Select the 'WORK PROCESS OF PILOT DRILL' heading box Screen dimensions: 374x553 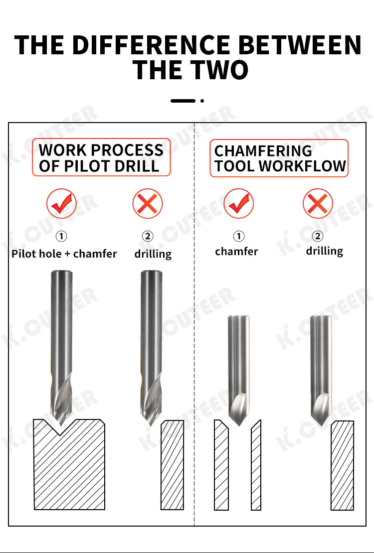pos(101,157)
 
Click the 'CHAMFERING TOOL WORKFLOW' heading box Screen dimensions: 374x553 pos(279,158)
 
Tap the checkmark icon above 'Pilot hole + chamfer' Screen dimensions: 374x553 pos(61,203)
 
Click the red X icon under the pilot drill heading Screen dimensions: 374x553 pos(148,203)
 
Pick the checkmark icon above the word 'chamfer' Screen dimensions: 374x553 pos(238,203)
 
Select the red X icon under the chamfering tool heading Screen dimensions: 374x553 pos(318,203)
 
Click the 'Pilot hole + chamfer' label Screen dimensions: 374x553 pos(64,254)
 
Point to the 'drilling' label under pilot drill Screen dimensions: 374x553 pos(153,254)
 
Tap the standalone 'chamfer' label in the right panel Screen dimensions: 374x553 pos(237,252)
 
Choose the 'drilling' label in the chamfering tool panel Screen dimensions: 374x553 pos(325,251)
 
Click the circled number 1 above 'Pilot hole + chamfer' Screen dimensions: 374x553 pos(61,236)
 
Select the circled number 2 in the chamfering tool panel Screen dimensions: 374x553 pos(318,236)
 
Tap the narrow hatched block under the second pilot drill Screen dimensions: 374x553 pos(173,465)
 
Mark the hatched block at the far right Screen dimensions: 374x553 pos(342,465)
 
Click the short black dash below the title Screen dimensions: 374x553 pos(183,101)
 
